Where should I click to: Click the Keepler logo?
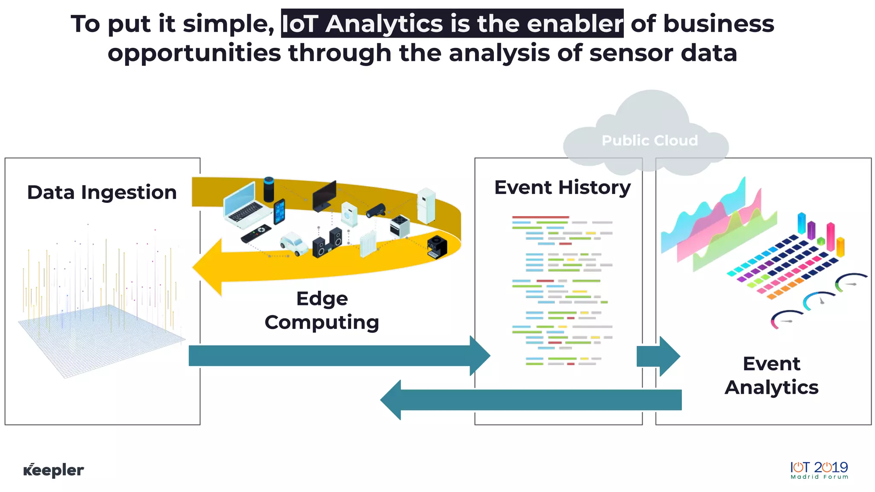pos(53,470)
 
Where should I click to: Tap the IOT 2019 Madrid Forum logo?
pos(819,470)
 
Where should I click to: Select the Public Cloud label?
pos(649,141)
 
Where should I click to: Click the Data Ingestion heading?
pos(102,192)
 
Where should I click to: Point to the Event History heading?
pos(562,187)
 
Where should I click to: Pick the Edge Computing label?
pos(322,310)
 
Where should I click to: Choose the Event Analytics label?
pos(772,375)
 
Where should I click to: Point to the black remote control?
pos(255,233)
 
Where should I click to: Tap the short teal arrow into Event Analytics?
pos(658,356)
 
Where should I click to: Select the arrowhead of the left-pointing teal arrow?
pos(391,400)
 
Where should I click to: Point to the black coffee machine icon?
pos(437,247)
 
